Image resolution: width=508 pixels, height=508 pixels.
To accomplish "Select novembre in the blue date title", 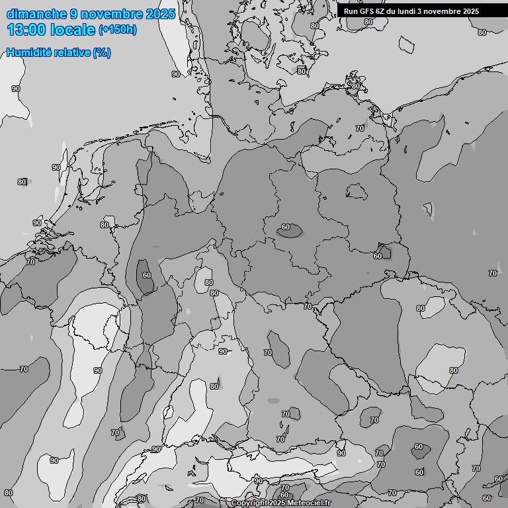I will click(110, 14).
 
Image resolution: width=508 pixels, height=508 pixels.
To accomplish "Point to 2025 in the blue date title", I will click(160, 14).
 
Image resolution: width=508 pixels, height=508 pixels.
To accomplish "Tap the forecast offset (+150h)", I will click(118, 30).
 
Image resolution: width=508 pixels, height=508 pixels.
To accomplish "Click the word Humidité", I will click(27, 53).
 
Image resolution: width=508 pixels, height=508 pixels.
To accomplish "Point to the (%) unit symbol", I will click(102, 53).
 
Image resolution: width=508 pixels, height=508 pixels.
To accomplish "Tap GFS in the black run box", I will click(367, 11).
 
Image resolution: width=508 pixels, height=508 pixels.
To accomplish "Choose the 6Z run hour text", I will click(382, 11).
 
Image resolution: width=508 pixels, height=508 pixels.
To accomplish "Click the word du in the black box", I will click(392, 11).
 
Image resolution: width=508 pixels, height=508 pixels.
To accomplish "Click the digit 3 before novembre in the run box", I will click(419, 11).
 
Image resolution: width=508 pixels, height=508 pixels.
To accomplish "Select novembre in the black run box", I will click(441, 11).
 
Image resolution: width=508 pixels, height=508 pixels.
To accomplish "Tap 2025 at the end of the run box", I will click(470, 11).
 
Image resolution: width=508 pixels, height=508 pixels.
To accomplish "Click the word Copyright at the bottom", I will click(249, 503).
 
